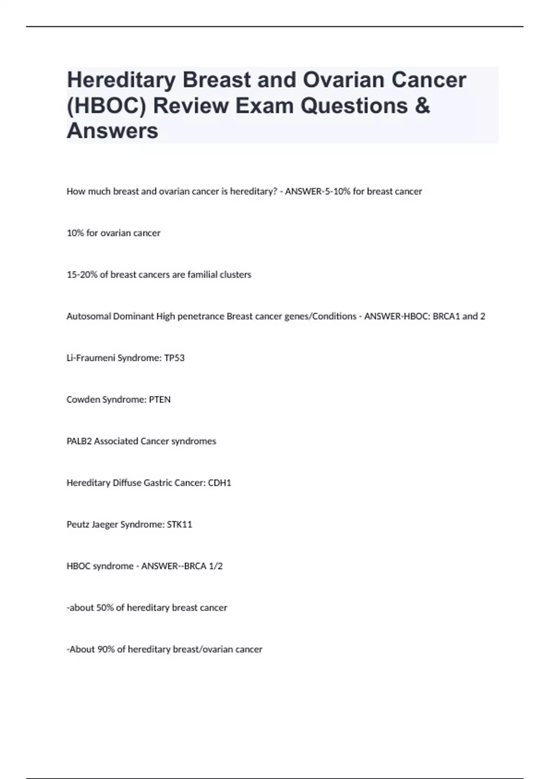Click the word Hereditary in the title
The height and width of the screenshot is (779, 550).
pos(121,80)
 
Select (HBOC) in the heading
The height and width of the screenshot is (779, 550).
pos(106,106)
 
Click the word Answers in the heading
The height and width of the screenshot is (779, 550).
pos(112,131)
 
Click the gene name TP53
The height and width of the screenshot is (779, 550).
pos(174,358)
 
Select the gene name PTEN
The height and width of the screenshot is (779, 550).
pos(160,400)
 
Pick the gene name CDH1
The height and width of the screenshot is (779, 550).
pos(220,483)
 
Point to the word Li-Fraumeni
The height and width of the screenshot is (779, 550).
pos(90,358)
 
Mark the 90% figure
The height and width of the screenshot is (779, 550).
pos(106,649)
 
